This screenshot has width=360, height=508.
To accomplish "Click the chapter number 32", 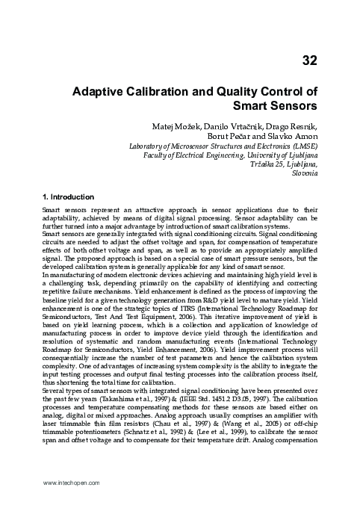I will [x=311, y=60].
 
